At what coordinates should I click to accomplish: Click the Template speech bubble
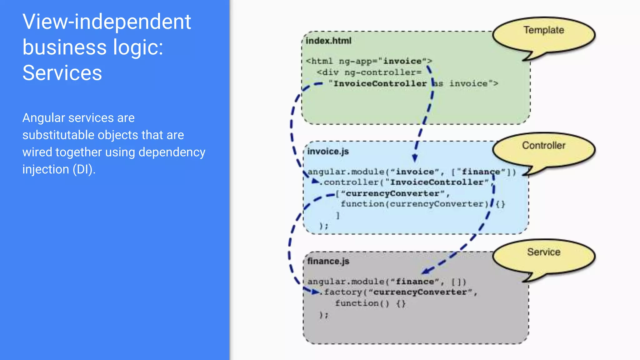[544, 34]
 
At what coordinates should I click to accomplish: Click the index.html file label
[328, 41]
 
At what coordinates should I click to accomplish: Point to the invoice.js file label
[328, 152]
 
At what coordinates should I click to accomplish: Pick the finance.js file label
[328, 261]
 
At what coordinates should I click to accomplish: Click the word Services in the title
[62, 73]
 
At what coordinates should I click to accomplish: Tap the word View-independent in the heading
[107, 22]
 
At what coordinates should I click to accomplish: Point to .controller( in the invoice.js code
[350, 182]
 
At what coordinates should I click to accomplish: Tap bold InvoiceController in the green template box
[380, 84]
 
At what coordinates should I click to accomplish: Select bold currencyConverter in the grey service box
[420, 292]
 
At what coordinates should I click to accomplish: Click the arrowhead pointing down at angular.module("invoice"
[415, 158]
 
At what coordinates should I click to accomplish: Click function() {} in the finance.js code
[370, 303]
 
